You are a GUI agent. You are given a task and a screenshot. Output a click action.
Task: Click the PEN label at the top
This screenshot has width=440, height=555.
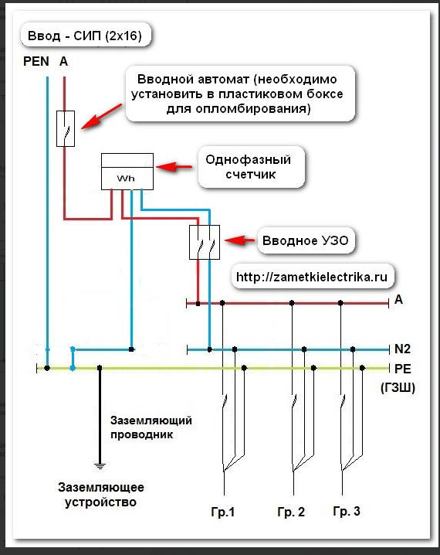point(36,61)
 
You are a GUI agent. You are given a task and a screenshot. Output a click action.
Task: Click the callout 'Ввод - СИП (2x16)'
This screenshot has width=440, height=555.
point(86,36)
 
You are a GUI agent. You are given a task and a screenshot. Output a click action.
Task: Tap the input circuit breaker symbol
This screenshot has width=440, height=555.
point(66,128)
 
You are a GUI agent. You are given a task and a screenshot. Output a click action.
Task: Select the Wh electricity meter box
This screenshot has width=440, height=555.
point(127,172)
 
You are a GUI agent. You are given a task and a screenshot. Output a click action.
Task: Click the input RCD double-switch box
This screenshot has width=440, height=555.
point(205,242)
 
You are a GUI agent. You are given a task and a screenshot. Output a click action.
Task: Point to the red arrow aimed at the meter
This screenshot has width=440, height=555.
point(174,166)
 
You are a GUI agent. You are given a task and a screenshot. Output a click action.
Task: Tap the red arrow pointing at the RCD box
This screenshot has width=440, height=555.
point(239,240)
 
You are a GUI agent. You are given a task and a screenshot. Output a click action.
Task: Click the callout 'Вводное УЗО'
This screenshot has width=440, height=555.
point(306,240)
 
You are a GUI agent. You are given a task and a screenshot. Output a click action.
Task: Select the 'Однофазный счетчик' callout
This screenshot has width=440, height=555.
point(252,167)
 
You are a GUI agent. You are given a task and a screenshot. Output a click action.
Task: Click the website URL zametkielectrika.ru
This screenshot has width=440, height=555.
point(312,277)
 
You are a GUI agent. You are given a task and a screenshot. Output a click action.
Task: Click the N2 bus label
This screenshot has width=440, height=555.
point(402,349)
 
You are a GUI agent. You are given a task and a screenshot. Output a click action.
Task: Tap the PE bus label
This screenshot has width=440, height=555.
point(402,369)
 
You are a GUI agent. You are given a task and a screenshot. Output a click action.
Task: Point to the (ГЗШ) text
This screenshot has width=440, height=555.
point(398,388)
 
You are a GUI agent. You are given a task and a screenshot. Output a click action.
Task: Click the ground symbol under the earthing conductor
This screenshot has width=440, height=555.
point(100,466)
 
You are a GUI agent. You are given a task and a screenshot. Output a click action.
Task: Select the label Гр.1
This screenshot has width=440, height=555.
point(223,512)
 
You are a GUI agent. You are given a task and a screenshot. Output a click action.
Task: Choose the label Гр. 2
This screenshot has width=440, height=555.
point(291,512)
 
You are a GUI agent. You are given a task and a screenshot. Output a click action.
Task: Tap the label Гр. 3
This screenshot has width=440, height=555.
point(347,511)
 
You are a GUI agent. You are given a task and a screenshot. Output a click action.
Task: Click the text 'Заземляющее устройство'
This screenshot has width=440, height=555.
point(101,495)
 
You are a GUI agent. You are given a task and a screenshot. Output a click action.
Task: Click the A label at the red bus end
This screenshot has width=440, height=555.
point(398,300)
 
